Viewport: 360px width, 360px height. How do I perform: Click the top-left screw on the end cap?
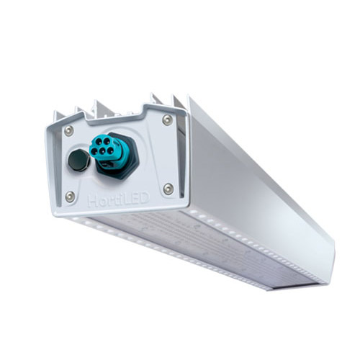click(69, 131)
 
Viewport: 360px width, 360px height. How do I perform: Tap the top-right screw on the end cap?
click(167, 120)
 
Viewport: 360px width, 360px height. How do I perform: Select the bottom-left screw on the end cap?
click(70, 197)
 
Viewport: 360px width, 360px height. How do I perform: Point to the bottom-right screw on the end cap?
click(168, 189)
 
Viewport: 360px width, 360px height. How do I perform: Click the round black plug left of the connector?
click(78, 160)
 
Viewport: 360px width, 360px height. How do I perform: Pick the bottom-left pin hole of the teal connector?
click(94, 152)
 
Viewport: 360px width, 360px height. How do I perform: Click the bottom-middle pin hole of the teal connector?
click(103, 152)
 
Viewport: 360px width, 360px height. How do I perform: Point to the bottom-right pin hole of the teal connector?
click(111, 150)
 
